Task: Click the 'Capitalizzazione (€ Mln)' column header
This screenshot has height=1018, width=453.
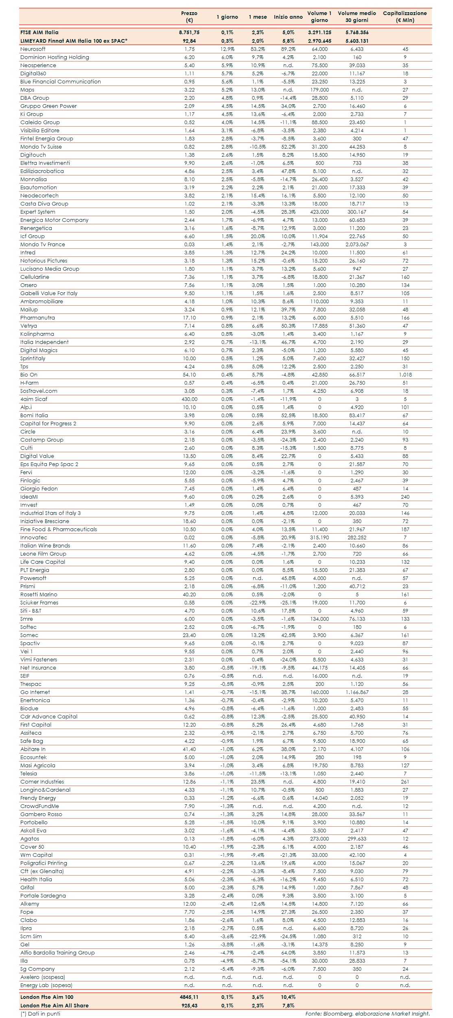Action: click(x=405, y=17)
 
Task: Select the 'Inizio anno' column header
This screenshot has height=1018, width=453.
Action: click(x=288, y=17)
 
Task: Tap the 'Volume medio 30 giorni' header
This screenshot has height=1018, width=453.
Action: click(x=357, y=17)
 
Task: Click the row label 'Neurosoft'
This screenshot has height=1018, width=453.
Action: click(x=33, y=49)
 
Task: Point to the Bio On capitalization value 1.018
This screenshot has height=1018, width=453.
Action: click(x=405, y=375)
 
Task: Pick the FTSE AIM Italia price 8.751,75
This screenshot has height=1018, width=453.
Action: click(x=189, y=33)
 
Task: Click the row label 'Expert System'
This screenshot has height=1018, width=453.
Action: click(x=38, y=212)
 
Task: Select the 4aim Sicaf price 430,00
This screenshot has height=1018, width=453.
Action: click(x=189, y=399)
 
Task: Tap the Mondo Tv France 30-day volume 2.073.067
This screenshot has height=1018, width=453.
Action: click(x=357, y=245)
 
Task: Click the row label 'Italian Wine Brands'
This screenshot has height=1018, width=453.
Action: click(x=45, y=546)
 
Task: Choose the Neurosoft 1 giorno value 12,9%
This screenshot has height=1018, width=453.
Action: click(x=227, y=49)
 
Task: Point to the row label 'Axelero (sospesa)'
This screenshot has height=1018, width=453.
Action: click(x=43, y=977)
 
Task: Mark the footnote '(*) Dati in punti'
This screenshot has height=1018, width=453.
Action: click(x=40, y=1014)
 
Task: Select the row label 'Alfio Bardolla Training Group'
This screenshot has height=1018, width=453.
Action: click(x=57, y=953)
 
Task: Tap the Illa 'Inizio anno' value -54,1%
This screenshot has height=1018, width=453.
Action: click(x=288, y=961)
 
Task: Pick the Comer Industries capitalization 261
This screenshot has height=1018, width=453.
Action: click(x=405, y=782)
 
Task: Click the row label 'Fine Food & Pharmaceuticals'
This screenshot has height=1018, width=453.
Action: click(x=59, y=530)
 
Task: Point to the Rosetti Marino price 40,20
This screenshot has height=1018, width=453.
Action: click(x=189, y=595)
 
